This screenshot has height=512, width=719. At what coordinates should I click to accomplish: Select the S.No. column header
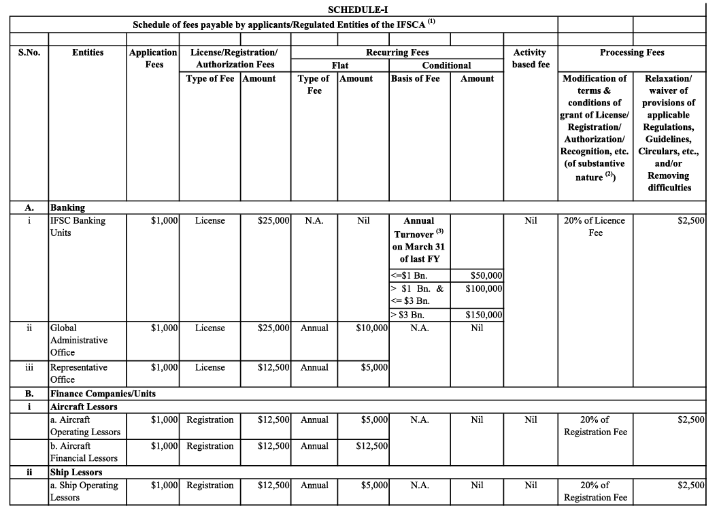28,52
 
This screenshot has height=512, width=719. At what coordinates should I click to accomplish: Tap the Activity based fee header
530,58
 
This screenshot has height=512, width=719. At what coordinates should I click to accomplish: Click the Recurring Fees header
397,52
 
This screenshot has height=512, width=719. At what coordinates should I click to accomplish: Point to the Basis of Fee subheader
415,78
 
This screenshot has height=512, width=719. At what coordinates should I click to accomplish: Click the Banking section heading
67,207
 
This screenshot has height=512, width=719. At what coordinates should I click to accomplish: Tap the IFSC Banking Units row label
78,226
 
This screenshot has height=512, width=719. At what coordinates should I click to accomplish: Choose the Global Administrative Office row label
79,340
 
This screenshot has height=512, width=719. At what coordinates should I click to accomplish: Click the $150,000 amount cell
484,315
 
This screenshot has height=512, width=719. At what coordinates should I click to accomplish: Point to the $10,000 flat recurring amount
371,328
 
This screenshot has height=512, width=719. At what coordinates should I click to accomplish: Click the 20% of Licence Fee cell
595,226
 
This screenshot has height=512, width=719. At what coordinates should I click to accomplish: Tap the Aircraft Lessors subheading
84,407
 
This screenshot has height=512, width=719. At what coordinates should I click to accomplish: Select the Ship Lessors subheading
76,472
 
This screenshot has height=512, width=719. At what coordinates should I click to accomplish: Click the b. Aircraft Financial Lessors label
84,452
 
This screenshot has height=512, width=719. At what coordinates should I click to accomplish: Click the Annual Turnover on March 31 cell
418,239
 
